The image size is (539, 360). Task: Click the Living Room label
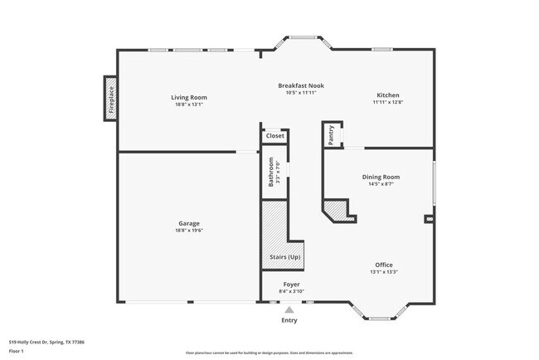pos(188,97)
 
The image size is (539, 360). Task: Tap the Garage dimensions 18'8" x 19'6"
pos(188,231)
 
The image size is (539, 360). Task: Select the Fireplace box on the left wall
pos(109,98)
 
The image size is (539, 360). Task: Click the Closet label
pos(274,136)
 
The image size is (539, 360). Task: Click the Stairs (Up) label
pos(285,257)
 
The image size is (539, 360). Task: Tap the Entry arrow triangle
pos(289,309)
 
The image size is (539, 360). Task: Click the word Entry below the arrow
pos(289,320)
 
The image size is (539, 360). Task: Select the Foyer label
pos(291,285)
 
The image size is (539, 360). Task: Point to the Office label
pos(384,265)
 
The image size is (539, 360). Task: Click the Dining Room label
pos(381,177)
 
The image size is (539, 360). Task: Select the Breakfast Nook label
pos(300,85)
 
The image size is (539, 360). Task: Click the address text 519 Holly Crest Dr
pos(46,341)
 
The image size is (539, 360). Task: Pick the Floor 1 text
pos(17,351)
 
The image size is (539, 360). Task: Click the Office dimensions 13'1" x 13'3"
pos(384,272)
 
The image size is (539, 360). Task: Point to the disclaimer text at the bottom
pos(269,353)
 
